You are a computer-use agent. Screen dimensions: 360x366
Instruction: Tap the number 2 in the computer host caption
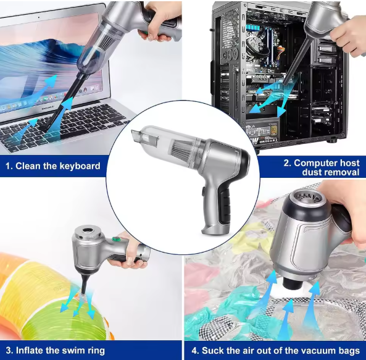(286, 163)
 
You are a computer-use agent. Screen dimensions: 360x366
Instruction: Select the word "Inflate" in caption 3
(32, 351)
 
